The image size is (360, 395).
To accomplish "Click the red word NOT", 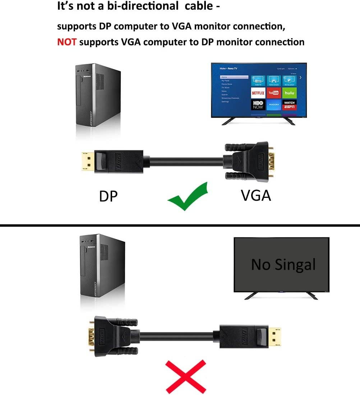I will click(x=67, y=42).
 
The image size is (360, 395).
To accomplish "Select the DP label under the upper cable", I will click(x=108, y=196).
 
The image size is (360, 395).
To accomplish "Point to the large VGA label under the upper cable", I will click(x=256, y=195).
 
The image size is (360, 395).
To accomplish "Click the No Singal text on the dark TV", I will click(x=283, y=264).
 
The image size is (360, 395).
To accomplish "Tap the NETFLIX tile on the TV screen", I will click(x=258, y=93).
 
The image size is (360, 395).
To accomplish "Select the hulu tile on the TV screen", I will click(x=290, y=93).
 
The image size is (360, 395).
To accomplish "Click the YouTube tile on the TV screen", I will click(x=274, y=93).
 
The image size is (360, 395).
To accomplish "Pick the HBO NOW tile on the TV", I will click(x=258, y=105).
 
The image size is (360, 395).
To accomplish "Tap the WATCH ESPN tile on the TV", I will click(x=290, y=105).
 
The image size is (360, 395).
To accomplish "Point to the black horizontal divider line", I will click(x=180, y=225).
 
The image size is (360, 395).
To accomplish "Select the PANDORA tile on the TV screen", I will click(x=274, y=105).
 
